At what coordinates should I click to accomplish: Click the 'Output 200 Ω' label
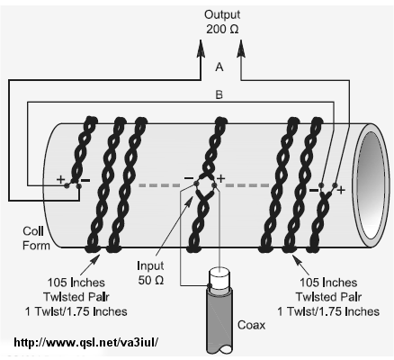pos(222,22)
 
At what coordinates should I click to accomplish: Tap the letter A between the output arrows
pos(219,67)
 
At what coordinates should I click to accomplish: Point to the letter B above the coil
pos(219,94)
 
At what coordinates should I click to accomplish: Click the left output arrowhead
pos(201,48)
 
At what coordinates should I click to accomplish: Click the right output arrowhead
pos(241,48)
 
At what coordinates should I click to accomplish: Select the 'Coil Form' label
pos(36,238)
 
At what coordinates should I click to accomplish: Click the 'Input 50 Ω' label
pos(150,273)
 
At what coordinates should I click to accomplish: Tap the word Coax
pos(251,325)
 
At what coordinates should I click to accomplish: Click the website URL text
pos(85,342)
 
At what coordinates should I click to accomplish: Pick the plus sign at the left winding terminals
pos(61,179)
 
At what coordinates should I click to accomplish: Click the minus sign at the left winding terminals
pos(85,180)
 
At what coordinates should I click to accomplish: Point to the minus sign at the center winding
pos(189,178)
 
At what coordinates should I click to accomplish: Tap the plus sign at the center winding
pos(221,178)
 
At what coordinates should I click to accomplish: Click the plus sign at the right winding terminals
pos(341,190)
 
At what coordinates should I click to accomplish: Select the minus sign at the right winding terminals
pos(314,190)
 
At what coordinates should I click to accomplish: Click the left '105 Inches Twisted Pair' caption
pos(76,297)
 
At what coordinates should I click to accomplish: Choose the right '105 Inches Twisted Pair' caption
pos(328,297)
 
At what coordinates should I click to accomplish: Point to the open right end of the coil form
pos(372,185)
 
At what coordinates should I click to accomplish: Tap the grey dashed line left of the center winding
pos(159,185)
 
